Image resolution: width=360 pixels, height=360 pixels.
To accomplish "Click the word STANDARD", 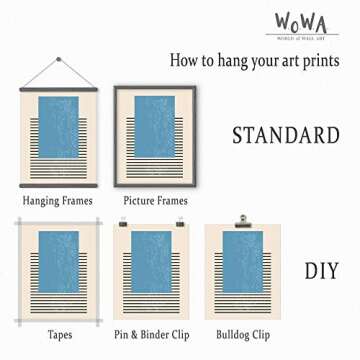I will point(285,135).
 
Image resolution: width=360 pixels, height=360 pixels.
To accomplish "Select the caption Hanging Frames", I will point(57,200).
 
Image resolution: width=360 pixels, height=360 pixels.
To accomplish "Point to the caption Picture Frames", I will point(155,200).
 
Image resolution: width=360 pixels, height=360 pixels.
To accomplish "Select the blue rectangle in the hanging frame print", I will point(57,125).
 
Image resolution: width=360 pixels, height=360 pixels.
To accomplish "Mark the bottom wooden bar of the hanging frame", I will point(57,185).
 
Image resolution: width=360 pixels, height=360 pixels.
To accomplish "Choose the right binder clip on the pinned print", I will point(180,222).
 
